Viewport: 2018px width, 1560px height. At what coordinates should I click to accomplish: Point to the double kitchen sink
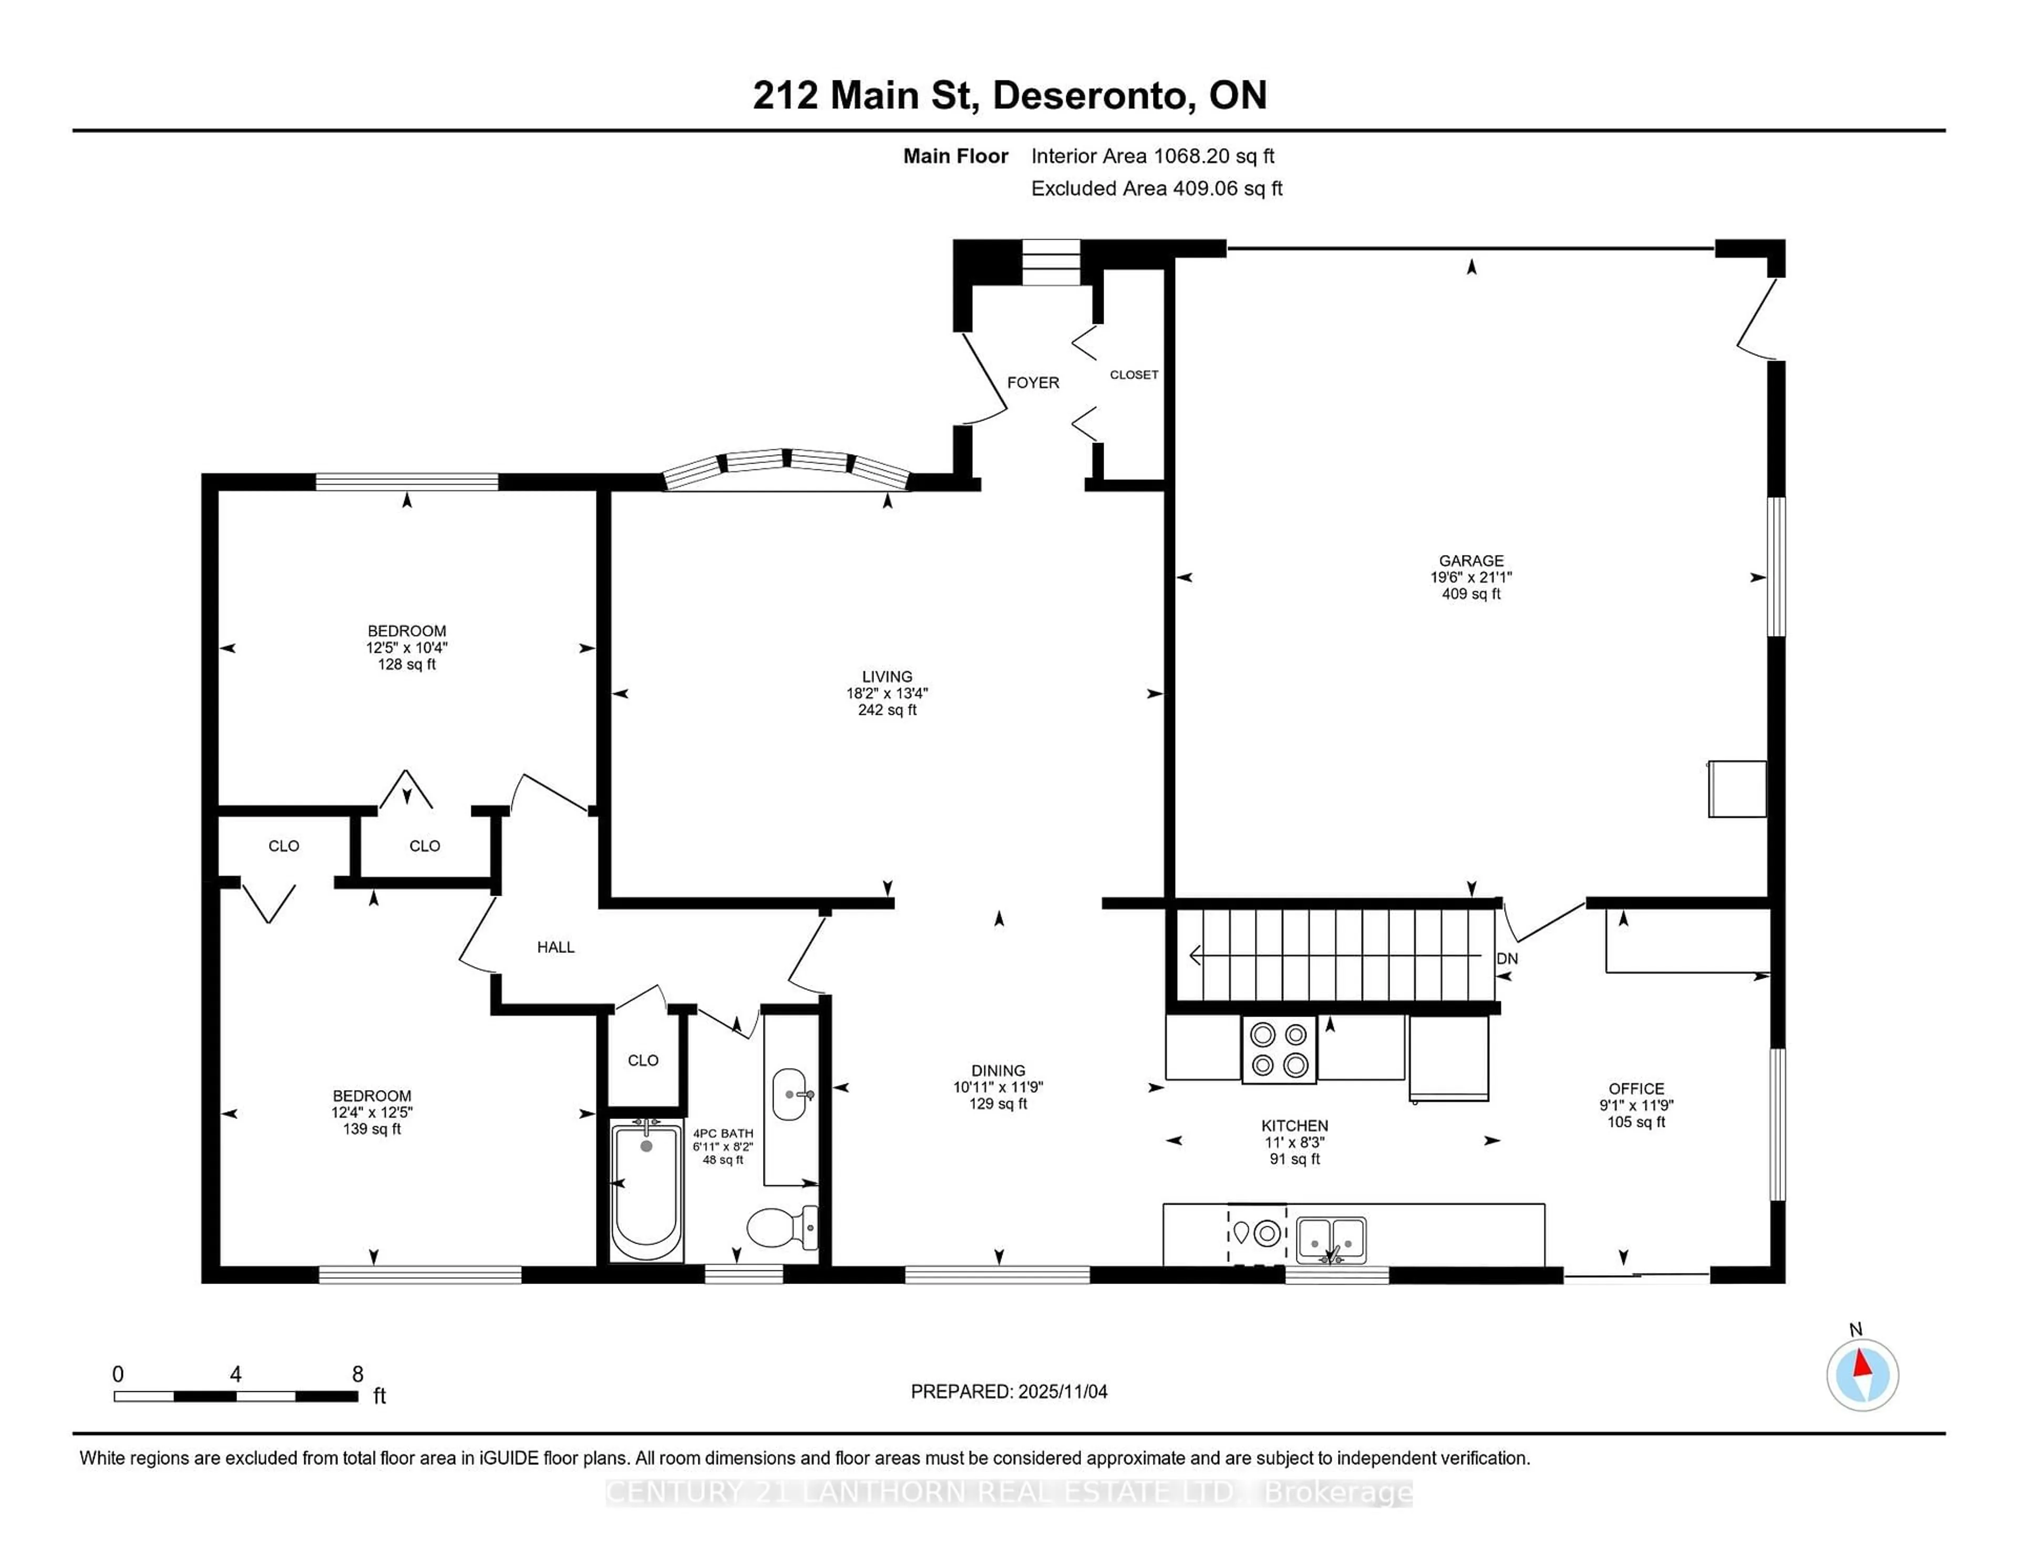coord(1331,1238)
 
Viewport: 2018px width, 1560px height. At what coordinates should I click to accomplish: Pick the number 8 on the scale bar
coord(357,1374)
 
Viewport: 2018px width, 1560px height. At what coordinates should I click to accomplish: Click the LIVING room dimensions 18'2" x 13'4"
coord(887,693)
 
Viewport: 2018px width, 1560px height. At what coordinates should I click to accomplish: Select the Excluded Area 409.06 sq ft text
coord(1156,189)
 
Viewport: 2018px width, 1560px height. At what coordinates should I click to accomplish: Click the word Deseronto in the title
coord(1090,95)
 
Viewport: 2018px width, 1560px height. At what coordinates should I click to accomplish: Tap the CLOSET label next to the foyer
coord(1134,374)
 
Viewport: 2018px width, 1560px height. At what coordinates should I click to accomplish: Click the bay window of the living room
coord(786,468)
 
